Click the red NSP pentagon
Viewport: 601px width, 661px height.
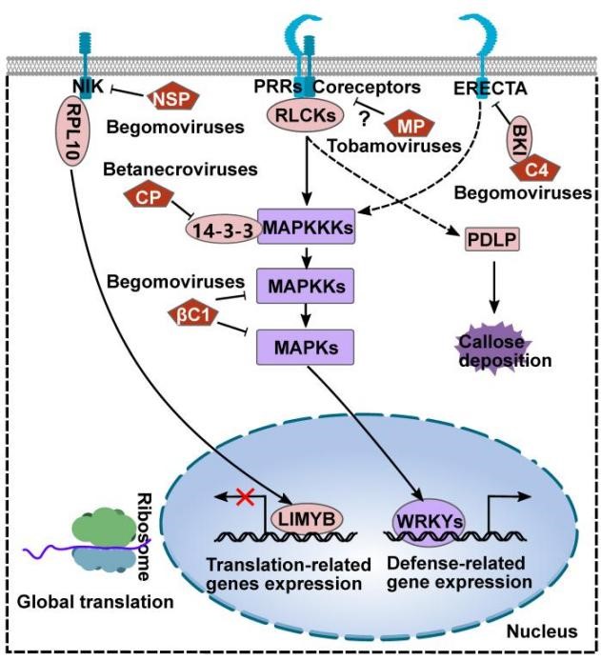(170, 96)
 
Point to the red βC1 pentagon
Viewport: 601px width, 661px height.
(191, 316)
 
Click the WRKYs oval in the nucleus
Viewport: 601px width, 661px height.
(429, 522)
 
